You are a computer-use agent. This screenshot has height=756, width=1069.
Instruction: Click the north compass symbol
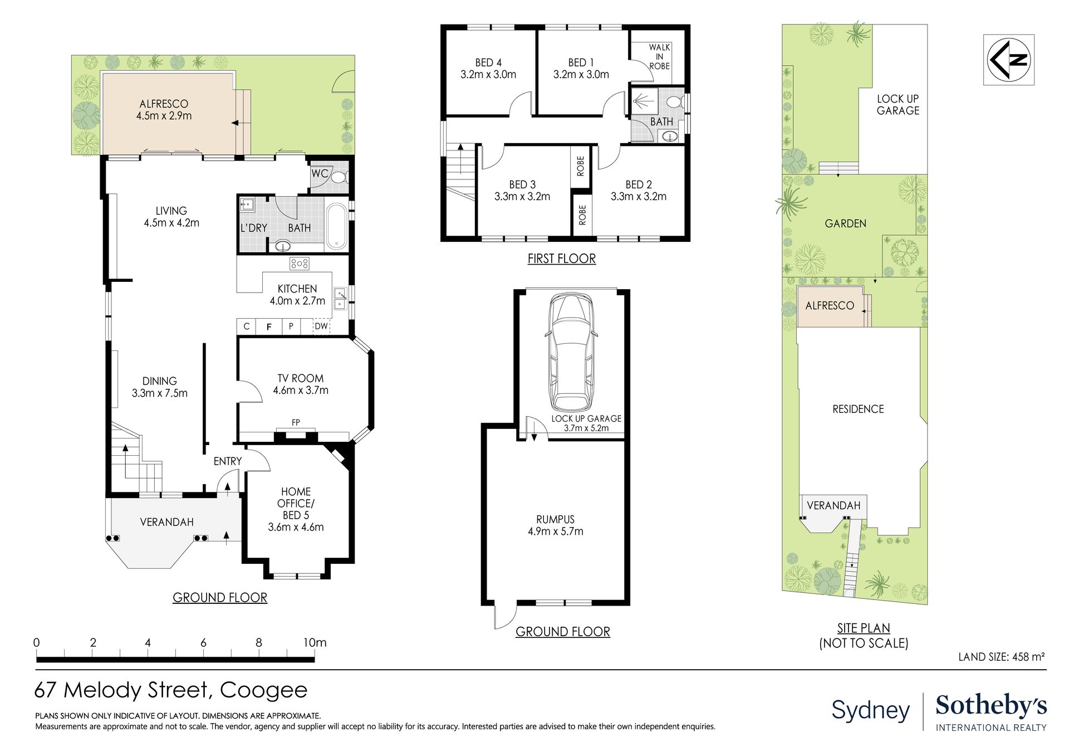pyautogui.click(x=1009, y=60)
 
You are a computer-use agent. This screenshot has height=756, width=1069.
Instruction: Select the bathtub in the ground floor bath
pyautogui.click(x=336, y=226)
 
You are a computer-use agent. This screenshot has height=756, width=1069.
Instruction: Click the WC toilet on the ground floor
pyautogui.click(x=338, y=177)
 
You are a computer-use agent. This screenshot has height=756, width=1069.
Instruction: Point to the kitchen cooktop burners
pyautogui.click(x=300, y=264)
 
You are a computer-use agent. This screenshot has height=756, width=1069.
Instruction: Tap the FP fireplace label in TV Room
pyautogui.click(x=296, y=423)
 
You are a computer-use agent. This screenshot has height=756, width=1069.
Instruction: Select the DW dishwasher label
pyautogui.click(x=321, y=326)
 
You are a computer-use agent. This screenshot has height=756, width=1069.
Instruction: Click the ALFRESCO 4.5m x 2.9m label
pyautogui.click(x=164, y=110)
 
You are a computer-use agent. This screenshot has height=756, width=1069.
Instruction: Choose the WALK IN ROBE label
pyautogui.click(x=659, y=56)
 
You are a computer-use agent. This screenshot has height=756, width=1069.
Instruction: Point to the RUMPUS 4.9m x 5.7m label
pyautogui.click(x=556, y=525)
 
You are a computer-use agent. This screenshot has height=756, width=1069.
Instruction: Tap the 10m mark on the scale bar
pyautogui.click(x=315, y=642)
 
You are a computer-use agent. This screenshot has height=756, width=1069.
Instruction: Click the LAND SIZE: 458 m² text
pyautogui.click(x=1001, y=657)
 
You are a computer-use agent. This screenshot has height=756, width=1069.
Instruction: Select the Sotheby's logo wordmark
pyautogui.click(x=991, y=706)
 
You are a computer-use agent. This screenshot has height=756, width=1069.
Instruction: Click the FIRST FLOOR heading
pyautogui.click(x=562, y=258)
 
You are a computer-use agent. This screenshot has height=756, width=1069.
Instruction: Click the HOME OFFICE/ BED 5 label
pyautogui.click(x=296, y=509)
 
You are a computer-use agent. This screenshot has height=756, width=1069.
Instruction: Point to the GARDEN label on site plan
pyautogui.click(x=845, y=223)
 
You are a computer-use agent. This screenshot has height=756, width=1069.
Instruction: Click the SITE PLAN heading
pyautogui.click(x=864, y=628)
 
